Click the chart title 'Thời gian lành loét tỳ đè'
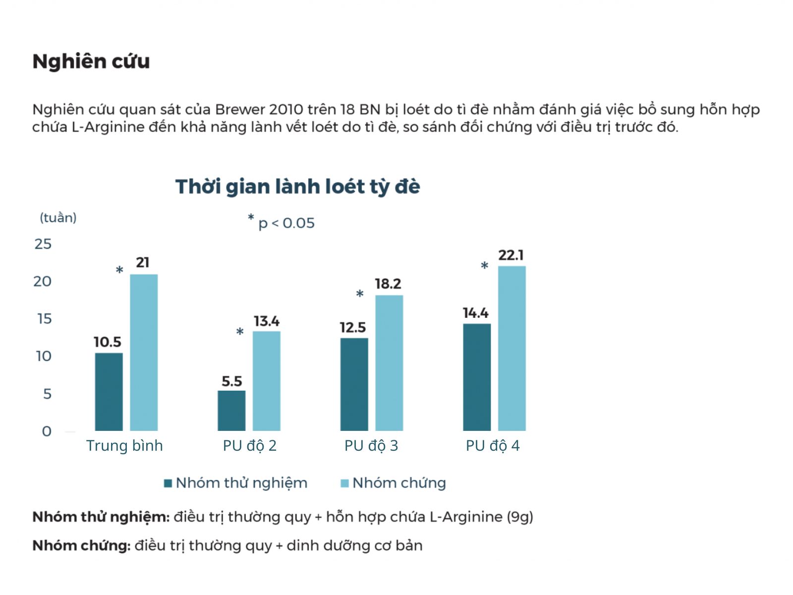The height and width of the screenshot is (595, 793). pyautogui.click(x=297, y=187)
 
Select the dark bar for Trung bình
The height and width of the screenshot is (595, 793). pyautogui.click(x=109, y=392)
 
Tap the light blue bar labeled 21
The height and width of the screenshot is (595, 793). pyautogui.click(x=144, y=352)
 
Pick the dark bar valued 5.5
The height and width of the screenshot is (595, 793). pyautogui.click(x=231, y=411)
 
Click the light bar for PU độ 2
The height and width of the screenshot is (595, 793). pyautogui.click(x=267, y=381)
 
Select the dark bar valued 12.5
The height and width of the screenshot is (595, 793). pyautogui.click(x=354, y=384)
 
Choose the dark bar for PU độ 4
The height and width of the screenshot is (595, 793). pyautogui.click(x=477, y=377)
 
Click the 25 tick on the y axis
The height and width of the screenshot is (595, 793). pyautogui.click(x=43, y=244)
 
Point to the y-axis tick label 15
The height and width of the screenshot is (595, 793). pyautogui.click(x=44, y=319)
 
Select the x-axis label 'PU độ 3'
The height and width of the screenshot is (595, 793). pyautogui.click(x=371, y=446)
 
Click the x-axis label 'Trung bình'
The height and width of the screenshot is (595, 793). pyautogui.click(x=124, y=446)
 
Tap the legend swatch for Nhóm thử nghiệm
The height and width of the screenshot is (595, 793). pyautogui.click(x=168, y=483)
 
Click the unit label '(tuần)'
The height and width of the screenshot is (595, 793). pyautogui.click(x=58, y=218)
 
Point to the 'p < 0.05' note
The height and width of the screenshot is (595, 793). pyautogui.click(x=286, y=223)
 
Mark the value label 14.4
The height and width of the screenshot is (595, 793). pyautogui.click(x=476, y=313)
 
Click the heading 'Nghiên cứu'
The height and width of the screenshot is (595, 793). pyautogui.click(x=91, y=61)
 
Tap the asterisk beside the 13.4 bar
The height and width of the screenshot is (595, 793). pyautogui.click(x=240, y=332)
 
